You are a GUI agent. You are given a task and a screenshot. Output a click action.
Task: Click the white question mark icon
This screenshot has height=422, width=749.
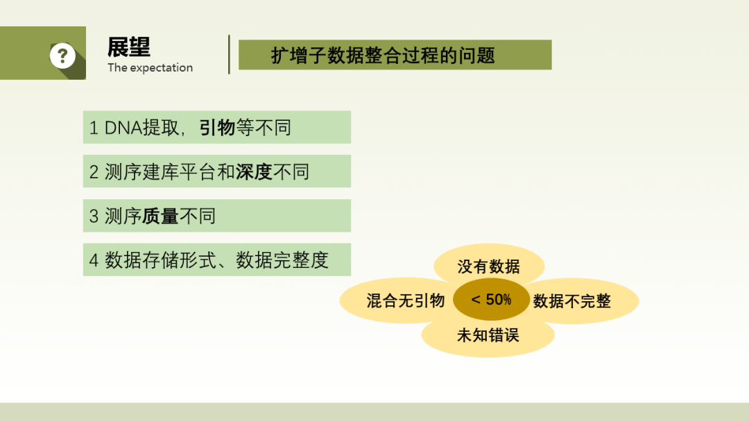[x=62, y=56]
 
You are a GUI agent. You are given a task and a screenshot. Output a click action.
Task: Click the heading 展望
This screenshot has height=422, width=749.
[x=129, y=47]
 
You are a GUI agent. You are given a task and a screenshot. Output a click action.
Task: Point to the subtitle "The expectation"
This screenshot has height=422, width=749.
[x=150, y=68]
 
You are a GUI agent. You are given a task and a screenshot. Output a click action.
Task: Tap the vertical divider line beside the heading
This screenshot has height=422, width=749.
[x=230, y=54]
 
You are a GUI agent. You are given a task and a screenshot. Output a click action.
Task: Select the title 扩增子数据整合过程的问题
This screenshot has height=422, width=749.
[x=383, y=56]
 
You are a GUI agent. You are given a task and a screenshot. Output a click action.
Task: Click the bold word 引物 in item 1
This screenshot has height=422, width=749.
[x=217, y=128]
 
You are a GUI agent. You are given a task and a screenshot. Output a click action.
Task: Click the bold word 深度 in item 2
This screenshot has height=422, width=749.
[x=254, y=172]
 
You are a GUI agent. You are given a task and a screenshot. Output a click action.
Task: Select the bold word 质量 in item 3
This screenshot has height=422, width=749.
[x=160, y=217]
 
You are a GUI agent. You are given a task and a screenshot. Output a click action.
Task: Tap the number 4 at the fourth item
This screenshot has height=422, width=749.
[x=94, y=260]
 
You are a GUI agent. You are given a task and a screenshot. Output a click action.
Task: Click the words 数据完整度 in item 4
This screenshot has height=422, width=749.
[x=282, y=260]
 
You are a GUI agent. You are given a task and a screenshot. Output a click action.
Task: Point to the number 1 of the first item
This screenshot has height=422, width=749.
[x=94, y=128]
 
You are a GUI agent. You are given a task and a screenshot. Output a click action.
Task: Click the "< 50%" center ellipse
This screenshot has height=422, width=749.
[x=491, y=300]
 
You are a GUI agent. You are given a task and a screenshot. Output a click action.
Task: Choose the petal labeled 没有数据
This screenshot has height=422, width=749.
[x=489, y=262]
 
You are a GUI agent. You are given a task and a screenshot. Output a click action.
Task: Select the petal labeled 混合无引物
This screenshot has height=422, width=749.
[x=397, y=301]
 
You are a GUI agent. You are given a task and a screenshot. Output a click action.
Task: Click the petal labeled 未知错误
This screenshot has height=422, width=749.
[x=488, y=337]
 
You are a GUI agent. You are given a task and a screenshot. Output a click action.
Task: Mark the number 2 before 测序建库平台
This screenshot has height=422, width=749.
[x=94, y=172]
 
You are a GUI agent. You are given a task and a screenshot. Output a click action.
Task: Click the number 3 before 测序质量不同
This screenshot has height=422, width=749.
[x=94, y=217]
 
